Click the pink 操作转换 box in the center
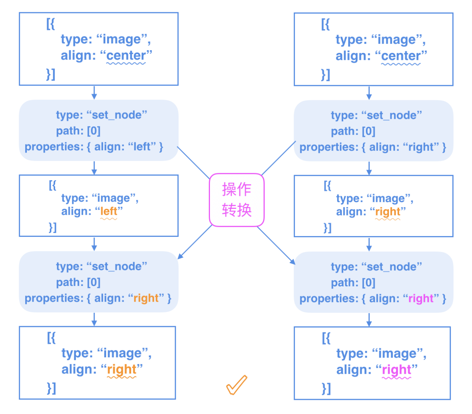point(236,200)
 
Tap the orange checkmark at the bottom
point(236,385)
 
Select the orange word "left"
point(108,211)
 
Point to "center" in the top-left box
point(126,56)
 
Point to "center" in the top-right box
point(401,56)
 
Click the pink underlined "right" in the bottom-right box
point(397,370)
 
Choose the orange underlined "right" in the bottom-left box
point(121,370)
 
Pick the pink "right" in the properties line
point(421,299)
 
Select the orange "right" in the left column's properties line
point(146,298)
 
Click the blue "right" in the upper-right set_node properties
point(421,147)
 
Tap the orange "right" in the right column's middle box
point(388,212)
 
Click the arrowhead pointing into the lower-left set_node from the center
point(180,256)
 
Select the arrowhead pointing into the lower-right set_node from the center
point(293,262)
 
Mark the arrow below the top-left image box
point(94,92)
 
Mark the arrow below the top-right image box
point(369,93)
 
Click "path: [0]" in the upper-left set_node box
point(78,131)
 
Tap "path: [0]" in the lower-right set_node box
point(353,283)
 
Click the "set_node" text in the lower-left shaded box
point(120,266)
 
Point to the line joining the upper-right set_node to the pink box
point(279,158)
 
